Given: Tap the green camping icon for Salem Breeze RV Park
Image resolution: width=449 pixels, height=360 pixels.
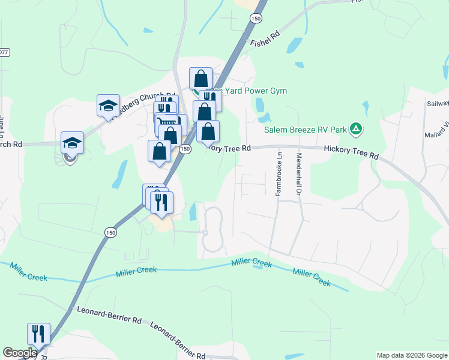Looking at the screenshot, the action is pos(356,128).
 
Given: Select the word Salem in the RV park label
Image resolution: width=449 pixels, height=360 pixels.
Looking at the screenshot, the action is pos(277,129).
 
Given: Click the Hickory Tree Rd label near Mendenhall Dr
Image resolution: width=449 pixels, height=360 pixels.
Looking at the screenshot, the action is pos(351,152).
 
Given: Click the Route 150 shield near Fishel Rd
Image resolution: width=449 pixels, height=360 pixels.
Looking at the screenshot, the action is pos(257,19).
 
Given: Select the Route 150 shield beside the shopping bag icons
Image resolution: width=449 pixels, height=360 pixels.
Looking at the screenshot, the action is pos(185,149).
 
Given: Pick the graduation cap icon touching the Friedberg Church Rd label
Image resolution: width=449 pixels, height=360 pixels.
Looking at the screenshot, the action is pos(108,106).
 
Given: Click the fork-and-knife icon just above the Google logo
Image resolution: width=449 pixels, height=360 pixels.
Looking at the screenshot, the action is pos(38,334).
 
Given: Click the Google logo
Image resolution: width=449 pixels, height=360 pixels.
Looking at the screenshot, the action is pos(20,353).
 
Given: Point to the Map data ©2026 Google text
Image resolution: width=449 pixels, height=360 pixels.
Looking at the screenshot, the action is pos(412,355).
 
